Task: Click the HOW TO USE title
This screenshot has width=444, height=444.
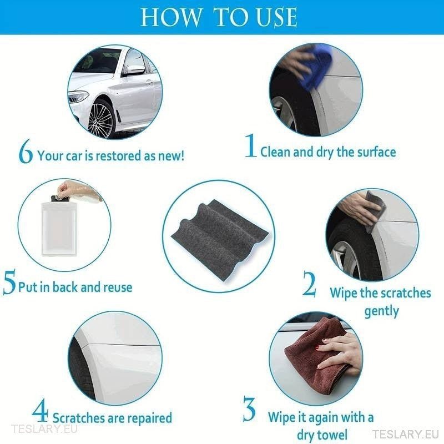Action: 219,17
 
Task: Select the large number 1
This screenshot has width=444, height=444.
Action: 251,147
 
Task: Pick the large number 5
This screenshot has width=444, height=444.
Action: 9,283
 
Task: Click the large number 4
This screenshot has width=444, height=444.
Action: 40,412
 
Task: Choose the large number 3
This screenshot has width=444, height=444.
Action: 249,410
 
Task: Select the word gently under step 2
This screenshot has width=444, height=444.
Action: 381,311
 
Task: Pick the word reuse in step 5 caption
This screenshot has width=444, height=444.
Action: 118,287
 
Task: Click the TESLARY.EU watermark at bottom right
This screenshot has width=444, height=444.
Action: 401,434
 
